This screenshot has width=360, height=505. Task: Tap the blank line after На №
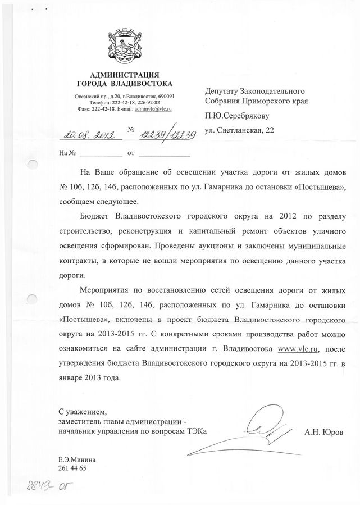101,152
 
